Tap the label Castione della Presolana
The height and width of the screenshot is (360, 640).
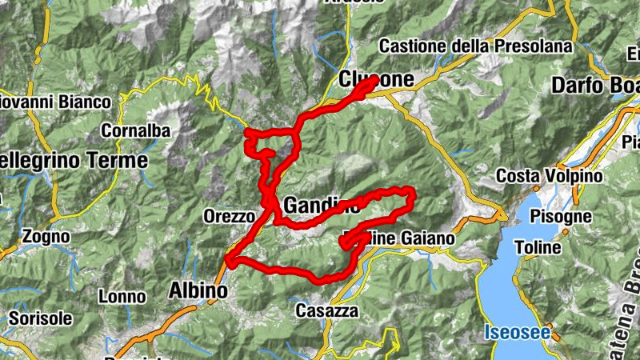476,46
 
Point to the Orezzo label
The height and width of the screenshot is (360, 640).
229,216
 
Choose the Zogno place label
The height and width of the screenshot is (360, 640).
46,237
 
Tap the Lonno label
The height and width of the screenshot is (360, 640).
122,297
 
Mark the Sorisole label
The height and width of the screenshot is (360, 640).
35,318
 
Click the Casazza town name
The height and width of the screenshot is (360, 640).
326,310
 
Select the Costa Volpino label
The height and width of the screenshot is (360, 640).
541,175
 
